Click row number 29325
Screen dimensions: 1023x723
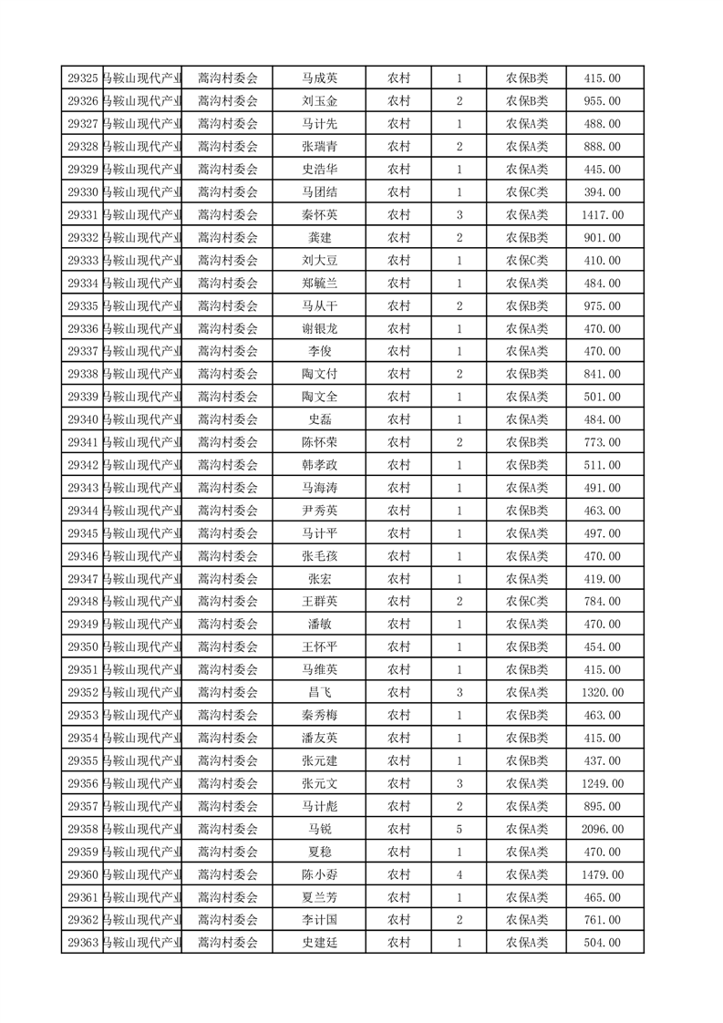[x=83, y=78]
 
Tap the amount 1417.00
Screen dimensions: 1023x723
[x=602, y=215]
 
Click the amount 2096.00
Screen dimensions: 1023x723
[x=602, y=829]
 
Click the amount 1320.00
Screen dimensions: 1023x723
[x=602, y=692]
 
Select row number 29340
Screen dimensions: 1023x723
[x=83, y=419]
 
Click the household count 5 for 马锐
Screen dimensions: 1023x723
[x=459, y=829]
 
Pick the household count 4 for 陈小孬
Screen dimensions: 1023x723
[x=459, y=874]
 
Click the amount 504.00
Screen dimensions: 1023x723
[x=602, y=943]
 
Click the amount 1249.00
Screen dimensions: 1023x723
[x=602, y=783]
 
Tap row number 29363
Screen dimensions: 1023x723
[x=83, y=943]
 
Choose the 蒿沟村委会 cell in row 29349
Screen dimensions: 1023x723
[x=228, y=624]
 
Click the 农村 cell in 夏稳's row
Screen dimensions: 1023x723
[x=398, y=852]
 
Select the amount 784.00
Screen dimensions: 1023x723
[x=602, y=601]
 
